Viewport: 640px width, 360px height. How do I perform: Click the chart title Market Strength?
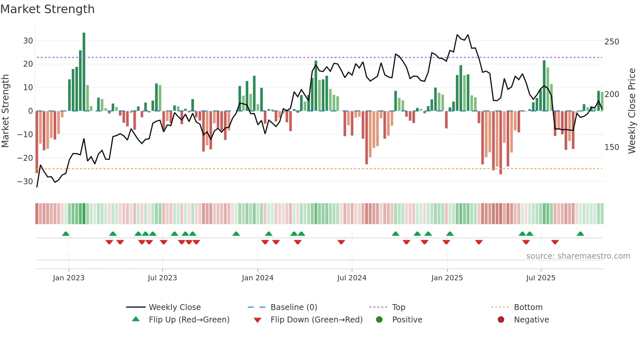[47, 9]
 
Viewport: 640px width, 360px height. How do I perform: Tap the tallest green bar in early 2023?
[84, 72]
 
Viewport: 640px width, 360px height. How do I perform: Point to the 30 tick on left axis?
[28, 41]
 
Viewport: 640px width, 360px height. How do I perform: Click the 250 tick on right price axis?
[612, 42]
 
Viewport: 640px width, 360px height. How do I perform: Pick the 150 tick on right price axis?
[612, 147]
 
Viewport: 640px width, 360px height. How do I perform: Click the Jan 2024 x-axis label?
[257, 278]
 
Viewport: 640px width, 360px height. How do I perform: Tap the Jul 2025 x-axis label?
[540, 278]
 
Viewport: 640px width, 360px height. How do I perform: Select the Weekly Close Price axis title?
[632, 111]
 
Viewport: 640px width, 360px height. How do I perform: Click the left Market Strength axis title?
[5, 111]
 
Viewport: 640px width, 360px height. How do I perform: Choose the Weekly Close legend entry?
[174, 307]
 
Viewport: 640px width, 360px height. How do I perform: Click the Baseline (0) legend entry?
[294, 307]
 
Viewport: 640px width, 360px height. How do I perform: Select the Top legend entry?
[398, 307]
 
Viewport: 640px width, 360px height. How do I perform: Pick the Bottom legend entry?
[528, 307]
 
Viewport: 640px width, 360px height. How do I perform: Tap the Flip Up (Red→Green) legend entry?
[189, 320]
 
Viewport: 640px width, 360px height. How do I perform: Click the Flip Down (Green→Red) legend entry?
[316, 320]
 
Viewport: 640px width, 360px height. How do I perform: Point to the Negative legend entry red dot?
[501, 319]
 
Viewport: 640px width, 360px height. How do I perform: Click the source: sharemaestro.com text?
[578, 256]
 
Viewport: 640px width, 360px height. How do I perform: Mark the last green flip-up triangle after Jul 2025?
[580, 234]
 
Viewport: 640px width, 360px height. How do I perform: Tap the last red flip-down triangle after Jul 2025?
[555, 242]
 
